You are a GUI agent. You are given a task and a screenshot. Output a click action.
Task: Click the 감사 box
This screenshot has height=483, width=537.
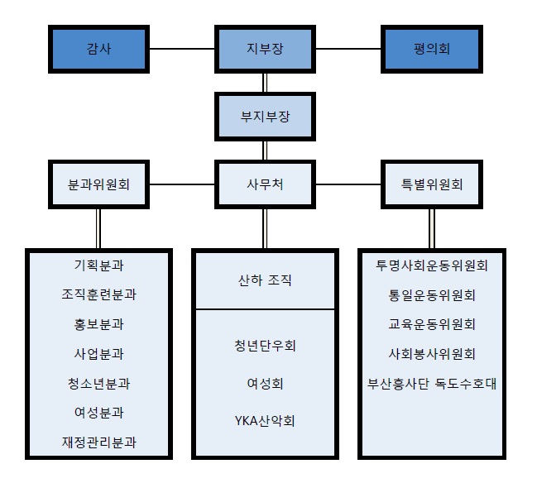pyautogui.click(x=98, y=49)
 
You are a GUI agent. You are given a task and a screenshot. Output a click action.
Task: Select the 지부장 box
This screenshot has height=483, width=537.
pyautogui.click(x=264, y=49)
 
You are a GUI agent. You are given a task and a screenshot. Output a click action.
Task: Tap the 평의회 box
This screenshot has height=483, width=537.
pyautogui.click(x=430, y=49)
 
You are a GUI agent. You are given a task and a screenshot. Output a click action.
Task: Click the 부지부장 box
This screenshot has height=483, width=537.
pyautogui.click(x=264, y=117)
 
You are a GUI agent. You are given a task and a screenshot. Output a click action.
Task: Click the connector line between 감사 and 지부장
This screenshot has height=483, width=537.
pyautogui.click(x=182, y=49)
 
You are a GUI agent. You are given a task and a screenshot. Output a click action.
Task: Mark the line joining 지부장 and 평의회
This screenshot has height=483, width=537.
pyautogui.click(x=348, y=49)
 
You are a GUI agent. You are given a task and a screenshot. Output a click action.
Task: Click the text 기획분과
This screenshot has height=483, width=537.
pyautogui.click(x=98, y=265)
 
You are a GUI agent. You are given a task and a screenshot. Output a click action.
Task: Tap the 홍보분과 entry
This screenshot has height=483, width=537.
pyautogui.click(x=98, y=324)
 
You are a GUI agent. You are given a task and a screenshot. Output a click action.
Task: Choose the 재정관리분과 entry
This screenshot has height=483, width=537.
pyautogui.click(x=98, y=442)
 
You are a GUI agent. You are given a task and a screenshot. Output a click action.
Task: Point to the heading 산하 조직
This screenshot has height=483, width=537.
pyautogui.click(x=264, y=280)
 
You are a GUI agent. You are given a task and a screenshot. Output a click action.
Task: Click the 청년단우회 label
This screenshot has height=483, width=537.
pyautogui.click(x=264, y=346)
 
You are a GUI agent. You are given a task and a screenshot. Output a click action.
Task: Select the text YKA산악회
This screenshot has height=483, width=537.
pyautogui.click(x=264, y=420)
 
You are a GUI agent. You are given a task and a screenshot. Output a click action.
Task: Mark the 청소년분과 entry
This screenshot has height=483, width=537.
pyautogui.click(x=98, y=383)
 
